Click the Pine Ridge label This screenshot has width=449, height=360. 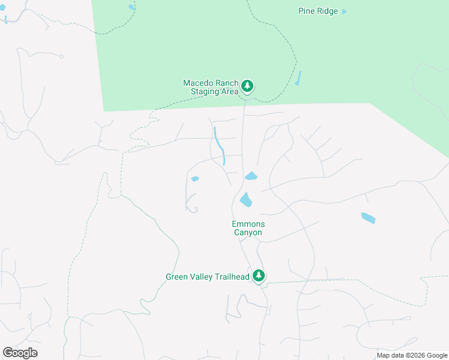[318, 11]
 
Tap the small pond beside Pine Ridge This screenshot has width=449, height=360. [344, 11]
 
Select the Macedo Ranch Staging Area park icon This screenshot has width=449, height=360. [247, 86]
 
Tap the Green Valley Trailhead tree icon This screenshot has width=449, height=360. [259, 276]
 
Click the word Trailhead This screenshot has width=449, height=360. [231, 277]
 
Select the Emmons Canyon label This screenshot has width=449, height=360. [247, 228]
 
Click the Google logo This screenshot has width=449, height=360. [20, 353]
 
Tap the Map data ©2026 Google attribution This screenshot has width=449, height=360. [411, 355]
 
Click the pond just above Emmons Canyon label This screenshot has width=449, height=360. [246, 199]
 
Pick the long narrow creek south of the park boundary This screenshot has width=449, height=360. [220, 146]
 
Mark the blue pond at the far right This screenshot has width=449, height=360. [368, 218]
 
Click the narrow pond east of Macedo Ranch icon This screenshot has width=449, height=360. [298, 78]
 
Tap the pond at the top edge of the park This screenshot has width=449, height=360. [131, 7]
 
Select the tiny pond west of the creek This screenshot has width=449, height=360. [194, 179]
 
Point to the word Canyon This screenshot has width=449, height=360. [247, 232]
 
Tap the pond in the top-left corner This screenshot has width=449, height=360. [5, 19]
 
